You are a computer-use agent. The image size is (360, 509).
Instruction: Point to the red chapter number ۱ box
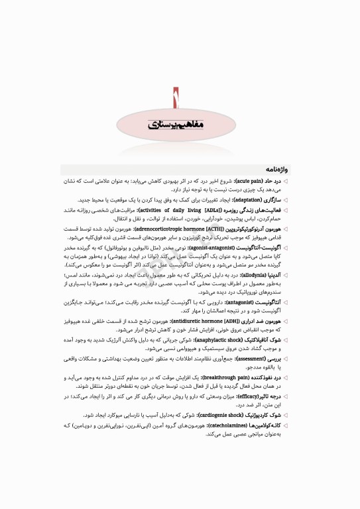[176, 99]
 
